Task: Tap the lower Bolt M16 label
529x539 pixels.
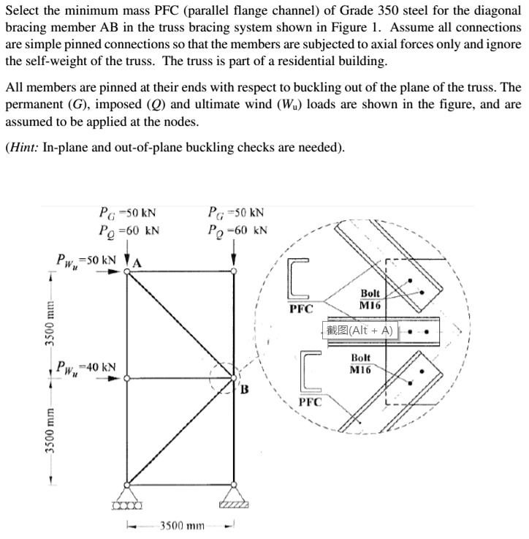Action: click(x=362, y=363)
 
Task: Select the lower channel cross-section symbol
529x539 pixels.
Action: click(x=311, y=372)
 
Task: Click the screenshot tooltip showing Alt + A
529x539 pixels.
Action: click(x=359, y=330)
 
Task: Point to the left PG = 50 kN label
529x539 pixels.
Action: click(x=128, y=214)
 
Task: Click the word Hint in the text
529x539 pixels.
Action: click(x=26, y=147)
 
